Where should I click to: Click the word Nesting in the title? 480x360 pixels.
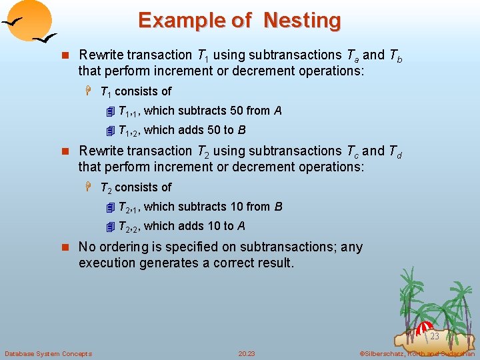(302, 21)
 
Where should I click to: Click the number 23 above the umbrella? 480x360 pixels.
(434, 337)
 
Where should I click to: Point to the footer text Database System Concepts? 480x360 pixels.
(48, 353)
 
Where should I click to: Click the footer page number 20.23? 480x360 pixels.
(247, 353)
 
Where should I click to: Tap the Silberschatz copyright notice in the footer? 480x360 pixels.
(416, 353)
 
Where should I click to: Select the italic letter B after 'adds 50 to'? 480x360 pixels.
(241, 130)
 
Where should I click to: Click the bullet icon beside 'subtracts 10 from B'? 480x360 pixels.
(111, 207)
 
